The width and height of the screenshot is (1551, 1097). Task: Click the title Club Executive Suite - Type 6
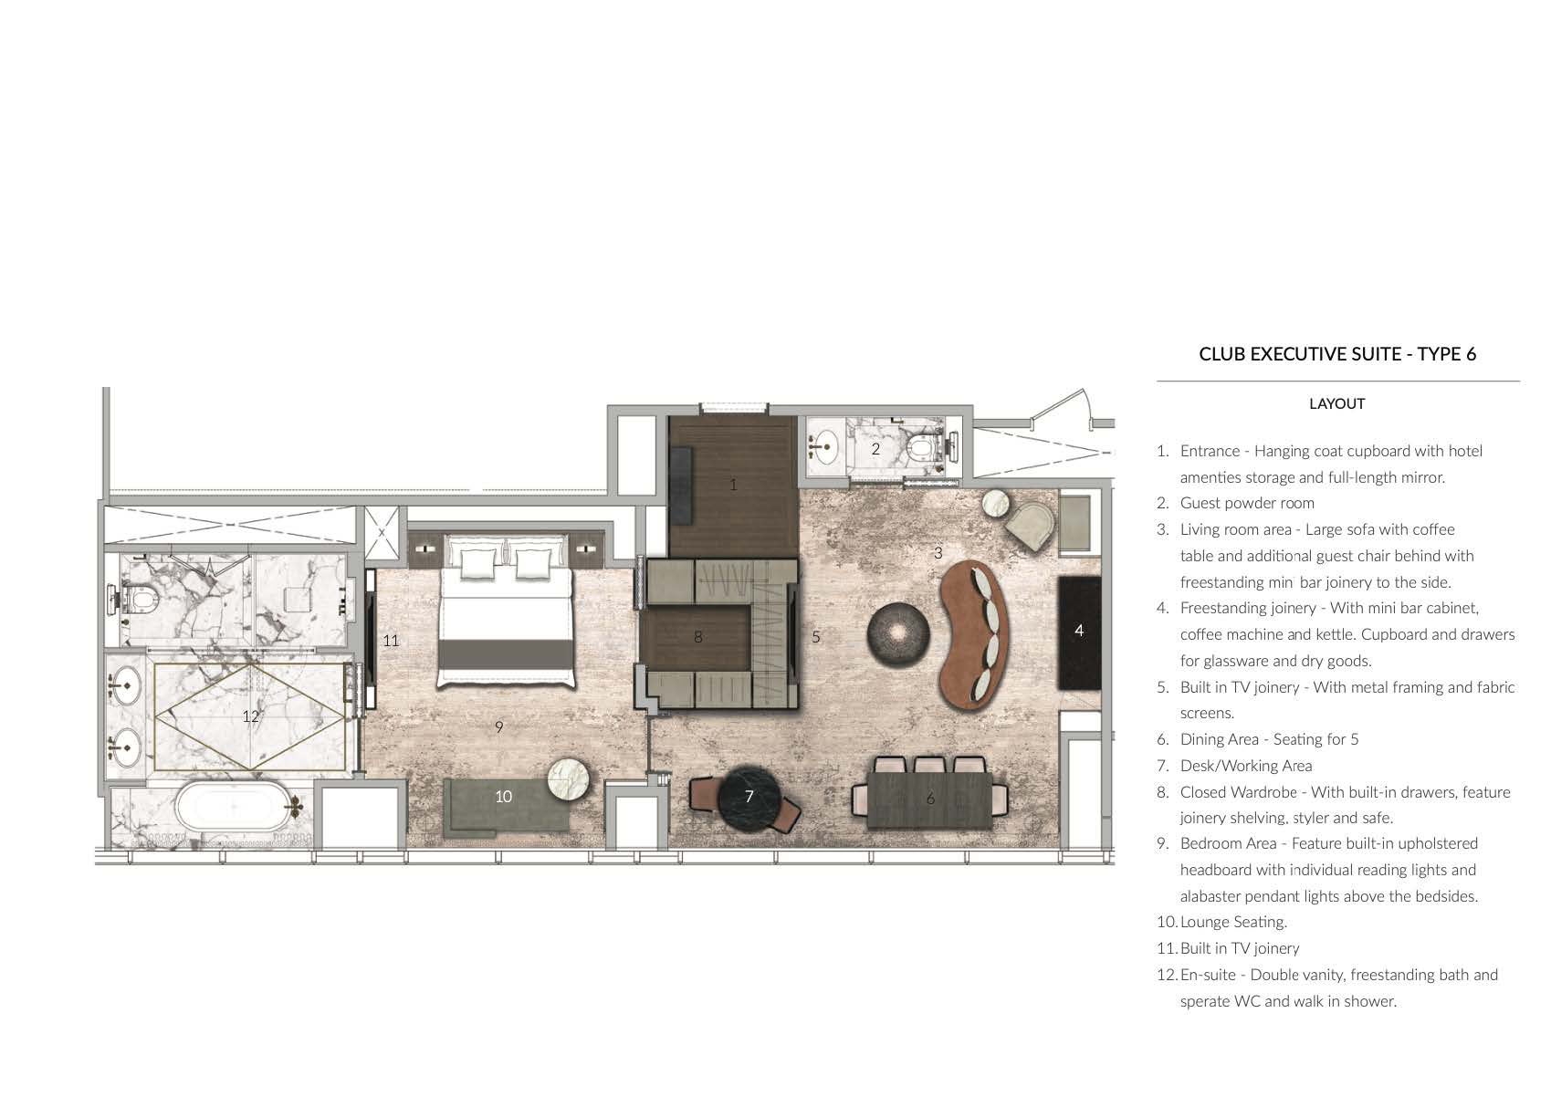pos(1337,354)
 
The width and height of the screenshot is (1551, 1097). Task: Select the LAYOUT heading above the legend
pos(1336,404)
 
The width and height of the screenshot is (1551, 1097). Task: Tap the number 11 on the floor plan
pos(391,641)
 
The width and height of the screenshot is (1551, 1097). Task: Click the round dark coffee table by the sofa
pos(898,634)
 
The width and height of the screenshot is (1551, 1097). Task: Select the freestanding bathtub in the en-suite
pos(234,806)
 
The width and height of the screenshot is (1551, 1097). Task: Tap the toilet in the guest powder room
pos(923,448)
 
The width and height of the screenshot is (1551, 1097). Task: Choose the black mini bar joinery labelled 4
pos(1079,633)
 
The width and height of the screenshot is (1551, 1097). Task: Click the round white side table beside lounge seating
pos(568,780)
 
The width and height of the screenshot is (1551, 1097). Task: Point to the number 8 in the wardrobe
pos(698,637)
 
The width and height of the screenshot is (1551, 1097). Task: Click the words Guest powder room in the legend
pos(1247,503)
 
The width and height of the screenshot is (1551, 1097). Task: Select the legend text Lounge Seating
pos(1233,922)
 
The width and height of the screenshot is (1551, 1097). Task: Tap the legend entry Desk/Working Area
pos(1246,766)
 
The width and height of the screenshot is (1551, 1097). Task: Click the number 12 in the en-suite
pos(251,716)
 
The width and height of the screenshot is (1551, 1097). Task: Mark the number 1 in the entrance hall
pos(733,486)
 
